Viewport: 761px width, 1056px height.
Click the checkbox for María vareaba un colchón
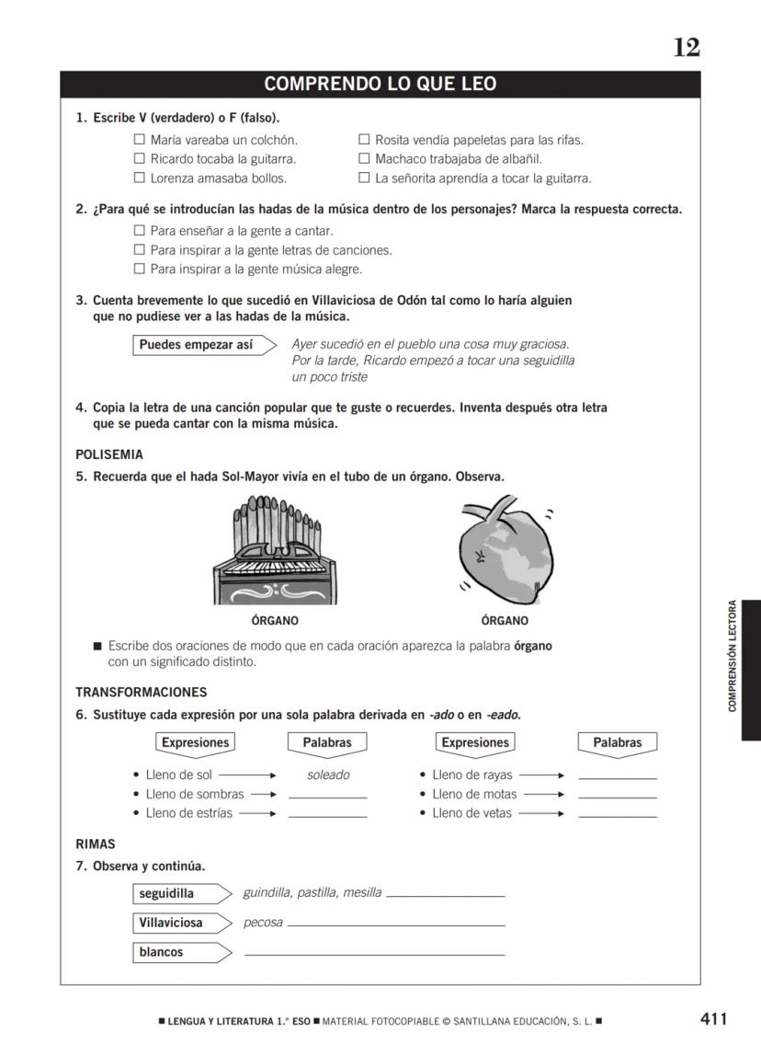point(140,140)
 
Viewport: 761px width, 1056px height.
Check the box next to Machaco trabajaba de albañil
point(364,159)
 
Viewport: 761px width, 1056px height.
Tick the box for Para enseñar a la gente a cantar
point(140,231)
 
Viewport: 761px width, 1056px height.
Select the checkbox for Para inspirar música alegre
point(140,270)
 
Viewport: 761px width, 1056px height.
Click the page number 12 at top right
point(686,48)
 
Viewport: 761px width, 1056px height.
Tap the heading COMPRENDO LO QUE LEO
point(380,85)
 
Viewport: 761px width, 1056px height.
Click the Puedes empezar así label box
point(197,345)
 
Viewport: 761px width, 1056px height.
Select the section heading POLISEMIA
point(109,454)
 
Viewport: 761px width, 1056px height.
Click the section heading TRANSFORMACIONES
point(141,692)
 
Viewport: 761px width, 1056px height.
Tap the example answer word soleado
point(328,775)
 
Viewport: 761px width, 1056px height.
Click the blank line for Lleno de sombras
point(327,796)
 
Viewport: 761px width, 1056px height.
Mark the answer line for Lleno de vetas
point(618,815)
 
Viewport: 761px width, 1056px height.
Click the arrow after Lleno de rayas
point(541,775)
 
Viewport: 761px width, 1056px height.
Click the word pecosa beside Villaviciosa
point(263,923)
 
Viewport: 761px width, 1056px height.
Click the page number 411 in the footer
point(713,1018)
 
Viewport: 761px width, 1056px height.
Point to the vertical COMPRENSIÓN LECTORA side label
point(733,656)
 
